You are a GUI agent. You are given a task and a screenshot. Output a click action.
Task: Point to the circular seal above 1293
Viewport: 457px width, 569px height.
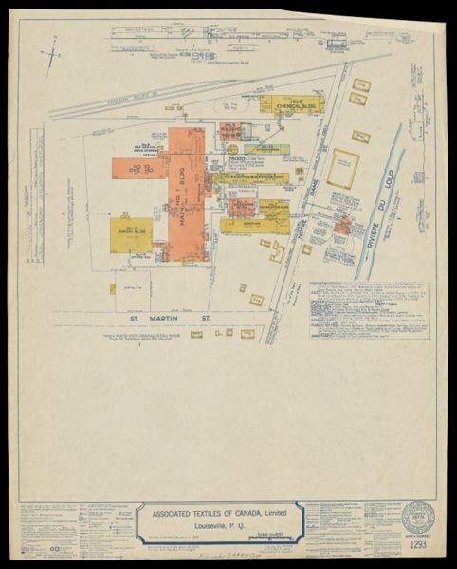point(418,518)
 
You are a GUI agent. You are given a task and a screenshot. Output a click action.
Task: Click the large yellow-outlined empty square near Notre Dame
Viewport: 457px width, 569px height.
point(343,168)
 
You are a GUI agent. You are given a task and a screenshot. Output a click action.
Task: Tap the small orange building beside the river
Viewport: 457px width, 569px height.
point(344,225)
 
